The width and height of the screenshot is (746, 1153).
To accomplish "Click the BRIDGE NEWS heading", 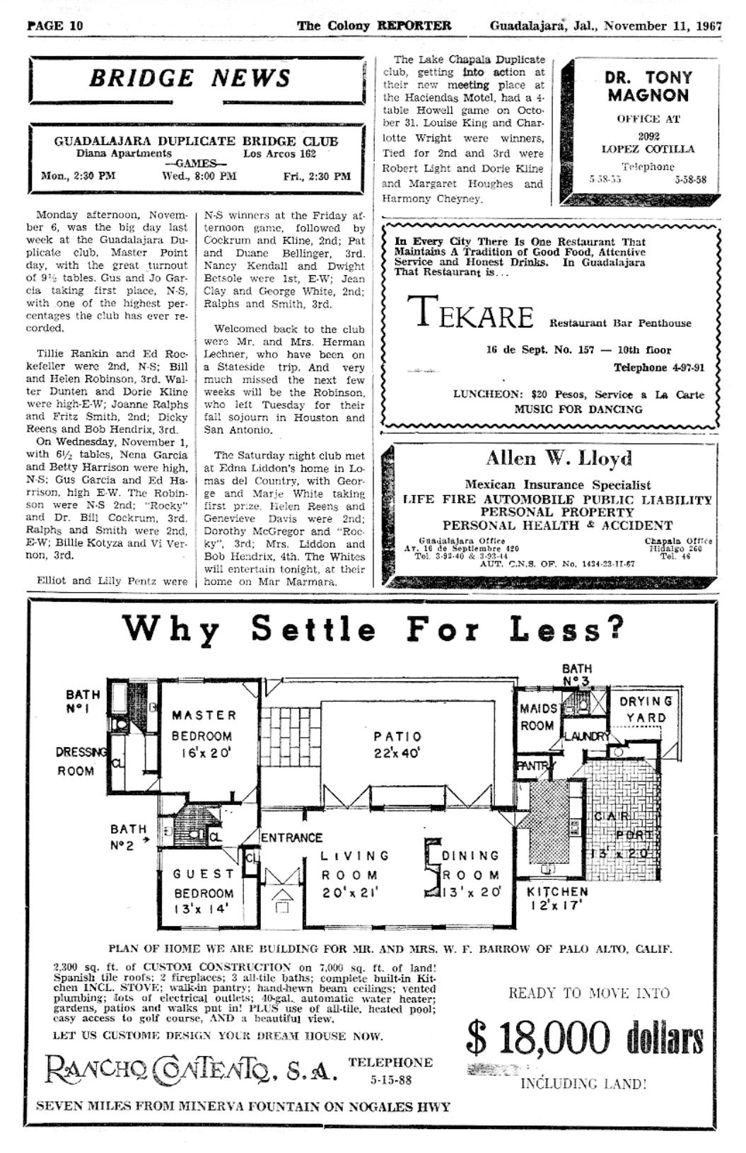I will click(x=190, y=78).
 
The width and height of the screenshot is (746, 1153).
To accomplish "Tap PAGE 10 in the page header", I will click(x=55, y=26).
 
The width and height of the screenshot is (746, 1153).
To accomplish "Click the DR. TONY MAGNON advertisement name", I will click(x=648, y=86).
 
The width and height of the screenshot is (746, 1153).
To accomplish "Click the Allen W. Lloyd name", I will click(x=559, y=459).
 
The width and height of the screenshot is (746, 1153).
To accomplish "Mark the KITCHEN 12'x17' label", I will click(x=557, y=899).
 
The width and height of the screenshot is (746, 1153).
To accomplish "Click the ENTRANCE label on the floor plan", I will click(x=291, y=838).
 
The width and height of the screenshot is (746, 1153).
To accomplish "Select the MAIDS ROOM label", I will click(x=537, y=717).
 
